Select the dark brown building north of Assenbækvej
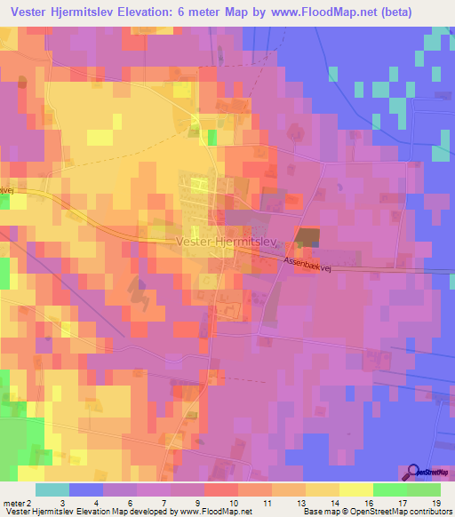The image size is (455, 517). point(307,237)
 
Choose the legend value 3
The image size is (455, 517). point(60,503)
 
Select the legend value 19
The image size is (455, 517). point(435,503)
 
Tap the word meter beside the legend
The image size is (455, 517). point(13,503)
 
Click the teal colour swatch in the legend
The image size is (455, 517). point(52,489)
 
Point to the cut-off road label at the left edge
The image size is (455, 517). point(4,189)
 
